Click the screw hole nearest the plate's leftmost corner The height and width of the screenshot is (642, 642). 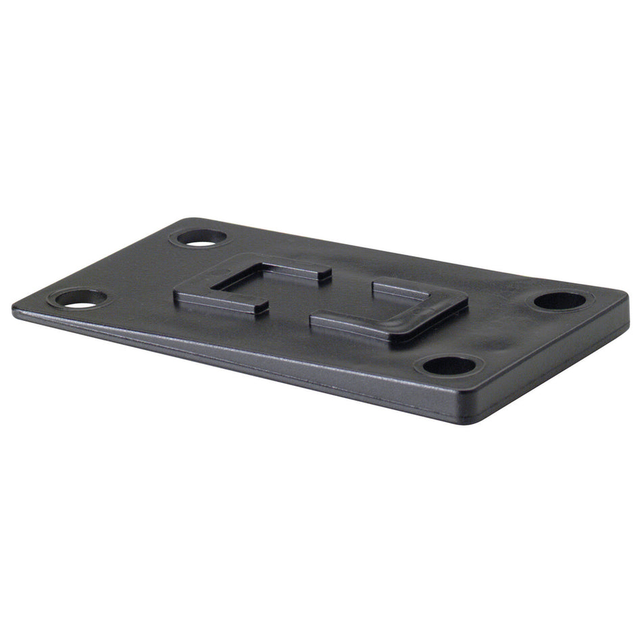click(80, 298)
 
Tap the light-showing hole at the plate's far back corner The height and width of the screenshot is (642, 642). click(199, 237)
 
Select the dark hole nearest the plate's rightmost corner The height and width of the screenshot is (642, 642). click(560, 301)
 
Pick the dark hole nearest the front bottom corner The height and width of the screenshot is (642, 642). click(449, 366)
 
